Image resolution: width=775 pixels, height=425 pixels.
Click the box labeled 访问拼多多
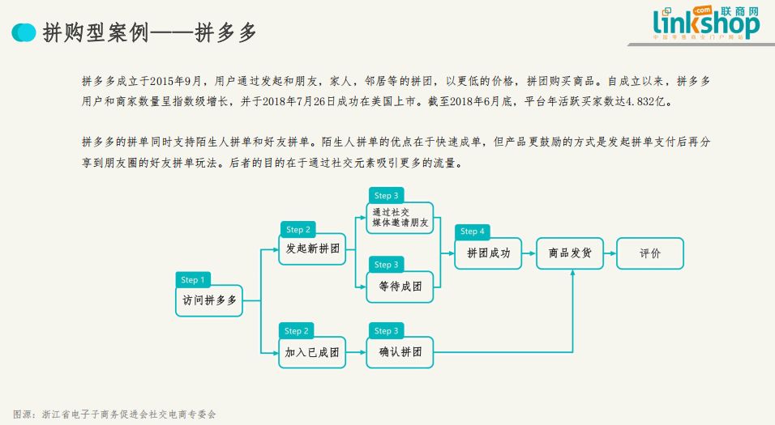[209, 300]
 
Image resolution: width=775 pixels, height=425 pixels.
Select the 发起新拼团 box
[313, 249]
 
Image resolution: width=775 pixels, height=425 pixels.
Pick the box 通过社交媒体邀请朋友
[400, 218]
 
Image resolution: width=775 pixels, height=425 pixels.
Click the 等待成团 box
[400, 286]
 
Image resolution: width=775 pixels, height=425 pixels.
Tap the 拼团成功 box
[488, 253]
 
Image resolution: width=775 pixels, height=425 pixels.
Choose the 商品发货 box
[570, 253]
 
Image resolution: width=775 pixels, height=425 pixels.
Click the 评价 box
[650, 253]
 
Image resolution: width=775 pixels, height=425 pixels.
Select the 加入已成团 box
[311, 352]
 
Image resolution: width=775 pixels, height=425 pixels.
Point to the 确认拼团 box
[400, 352]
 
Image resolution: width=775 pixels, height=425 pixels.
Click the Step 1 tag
[193, 280]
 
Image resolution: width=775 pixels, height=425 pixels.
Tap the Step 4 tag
[473, 232]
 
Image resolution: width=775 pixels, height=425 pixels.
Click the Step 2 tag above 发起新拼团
[298, 230]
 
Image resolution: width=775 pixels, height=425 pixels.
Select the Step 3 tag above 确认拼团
[387, 331]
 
